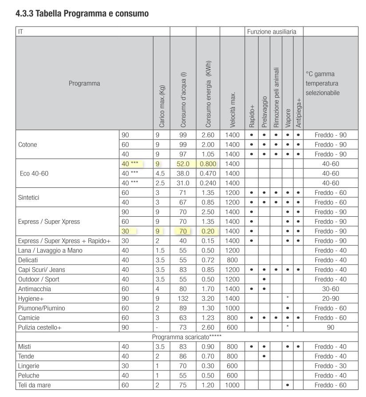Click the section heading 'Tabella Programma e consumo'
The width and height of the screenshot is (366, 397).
[82, 14]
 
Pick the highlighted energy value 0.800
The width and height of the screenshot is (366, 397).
[208, 164]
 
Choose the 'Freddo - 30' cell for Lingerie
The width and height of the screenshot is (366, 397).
[331, 366]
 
